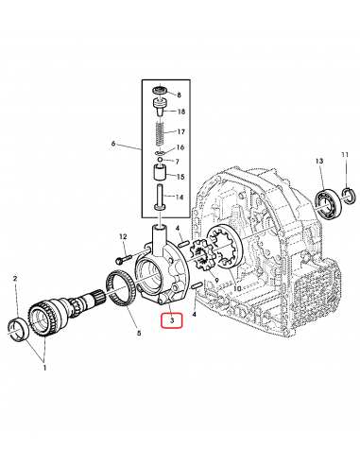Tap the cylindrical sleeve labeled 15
(x=157, y=176)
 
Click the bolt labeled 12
(x=125, y=256)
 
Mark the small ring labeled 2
(x=17, y=328)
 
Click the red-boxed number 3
(x=171, y=321)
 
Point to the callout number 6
(x=114, y=145)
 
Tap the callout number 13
(x=320, y=161)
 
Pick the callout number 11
(x=345, y=155)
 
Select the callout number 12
(x=123, y=236)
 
